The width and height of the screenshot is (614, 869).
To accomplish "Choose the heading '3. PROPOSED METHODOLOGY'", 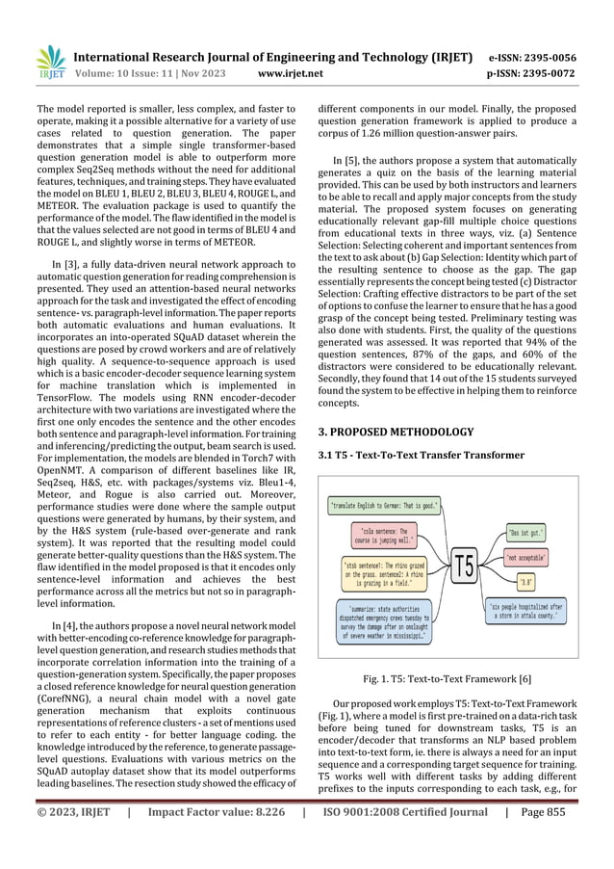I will tap(396, 432).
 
